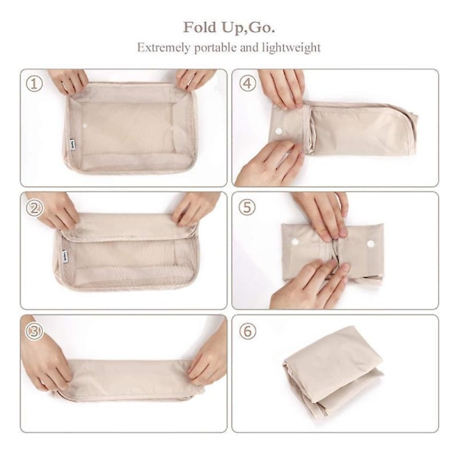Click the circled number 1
point(34,84)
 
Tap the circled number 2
point(34,208)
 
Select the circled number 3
point(34,331)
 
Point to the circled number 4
point(247,84)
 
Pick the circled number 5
point(247,208)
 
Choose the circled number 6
point(247,331)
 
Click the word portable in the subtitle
point(215,47)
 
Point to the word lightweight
point(292,47)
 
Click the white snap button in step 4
point(279,131)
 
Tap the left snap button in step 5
point(295,241)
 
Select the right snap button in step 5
point(371,243)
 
